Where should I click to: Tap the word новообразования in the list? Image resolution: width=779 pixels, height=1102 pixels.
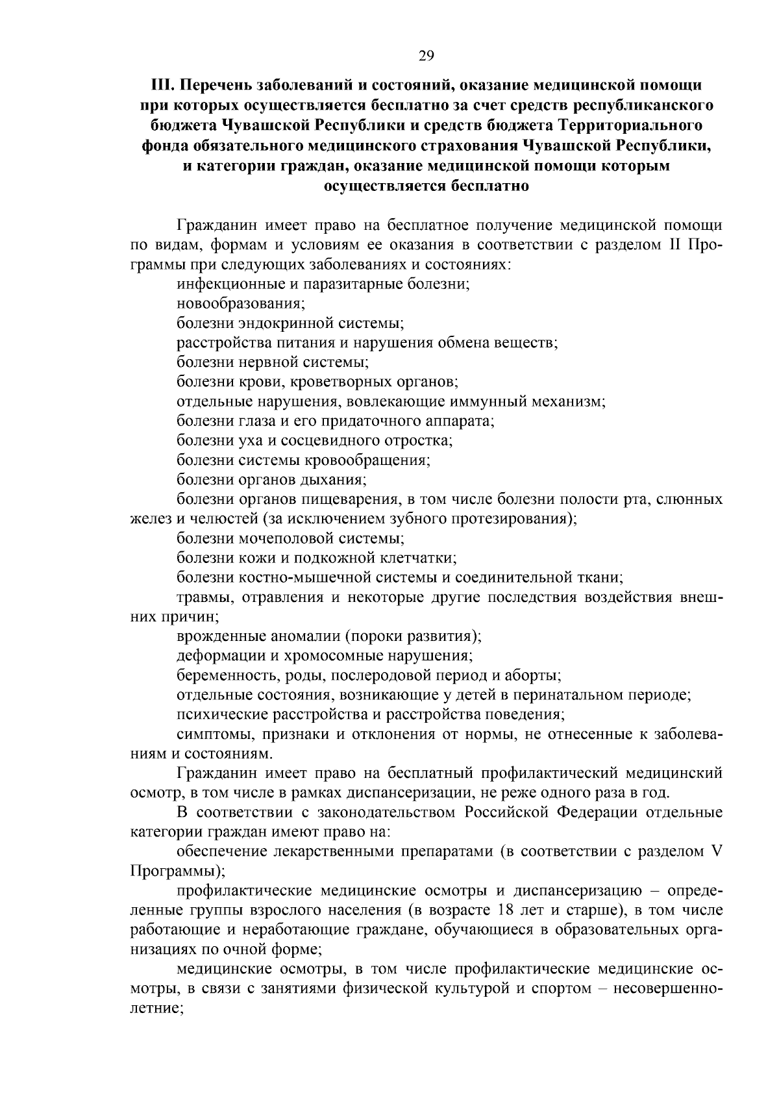click(240, 303)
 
